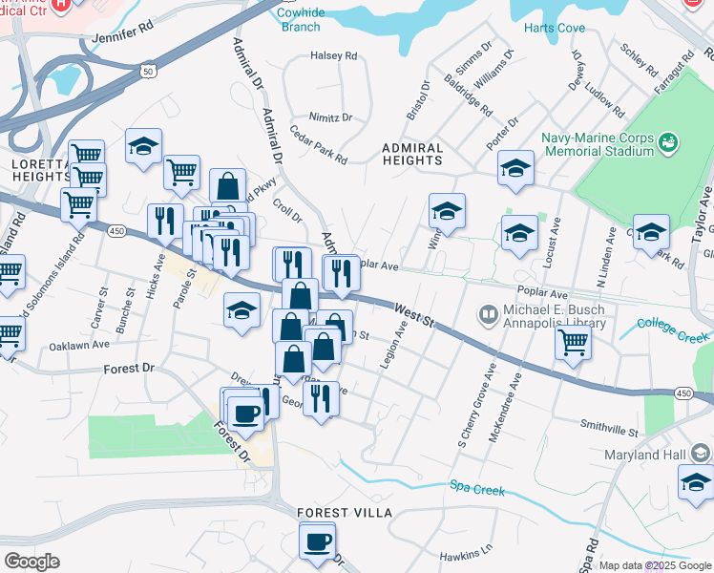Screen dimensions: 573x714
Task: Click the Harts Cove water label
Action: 554,28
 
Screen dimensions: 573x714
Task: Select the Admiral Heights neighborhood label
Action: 412,155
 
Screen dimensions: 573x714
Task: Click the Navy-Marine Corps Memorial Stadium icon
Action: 668,142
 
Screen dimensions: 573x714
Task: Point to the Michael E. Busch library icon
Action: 489,314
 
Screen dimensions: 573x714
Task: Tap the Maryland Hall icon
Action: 702,453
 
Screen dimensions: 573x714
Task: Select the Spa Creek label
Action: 477,491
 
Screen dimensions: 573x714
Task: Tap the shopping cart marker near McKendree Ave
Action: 572,343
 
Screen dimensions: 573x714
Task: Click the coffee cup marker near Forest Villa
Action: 317,541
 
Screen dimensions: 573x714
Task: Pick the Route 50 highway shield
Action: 146,71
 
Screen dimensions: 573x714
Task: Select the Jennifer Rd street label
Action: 123,33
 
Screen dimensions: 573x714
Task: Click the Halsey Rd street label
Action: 333,55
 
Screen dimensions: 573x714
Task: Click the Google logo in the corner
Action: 32,562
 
